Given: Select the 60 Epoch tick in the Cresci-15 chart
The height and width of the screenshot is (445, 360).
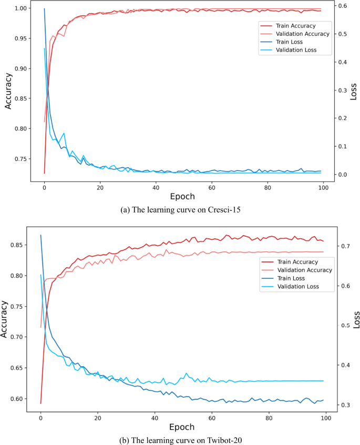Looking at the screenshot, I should [212, 187].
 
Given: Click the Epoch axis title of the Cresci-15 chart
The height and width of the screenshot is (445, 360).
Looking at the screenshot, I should [182, 197].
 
